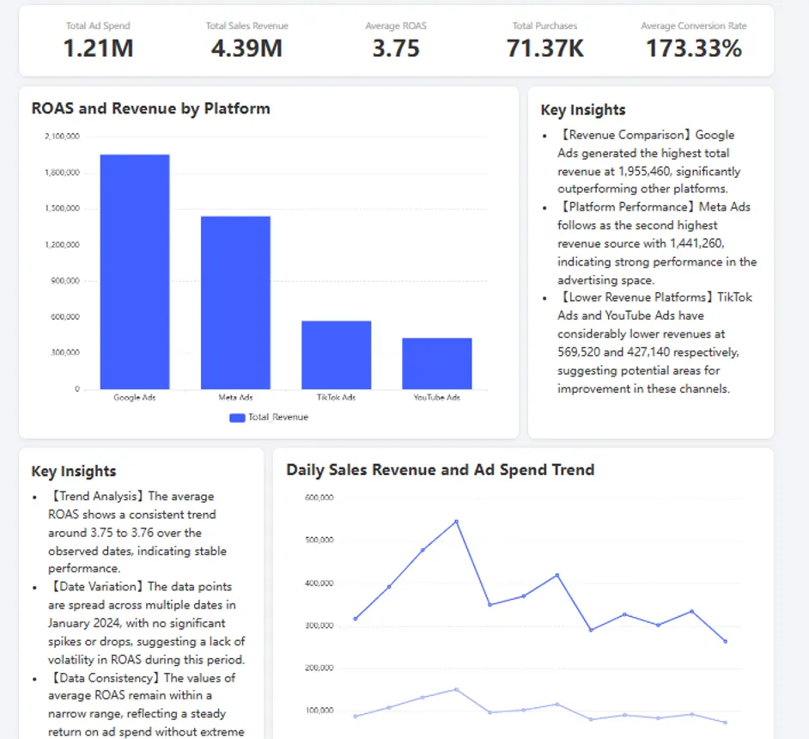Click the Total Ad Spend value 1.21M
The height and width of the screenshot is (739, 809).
coord(98,48)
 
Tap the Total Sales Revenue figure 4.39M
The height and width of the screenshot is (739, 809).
coord(246,48)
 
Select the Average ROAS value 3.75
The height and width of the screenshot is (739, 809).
coord(396,48)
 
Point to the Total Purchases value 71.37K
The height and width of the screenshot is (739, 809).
coord(545,48)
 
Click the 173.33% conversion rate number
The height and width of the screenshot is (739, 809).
coord(694,48)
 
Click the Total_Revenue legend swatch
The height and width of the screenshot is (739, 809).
coord(237,418)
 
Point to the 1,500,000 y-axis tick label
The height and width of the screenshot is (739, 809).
coord(61,209)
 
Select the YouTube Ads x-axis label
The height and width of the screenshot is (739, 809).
coord(437,398)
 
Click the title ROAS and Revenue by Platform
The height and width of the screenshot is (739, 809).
coord(150,108)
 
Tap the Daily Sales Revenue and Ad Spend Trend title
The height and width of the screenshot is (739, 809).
coord(440,469)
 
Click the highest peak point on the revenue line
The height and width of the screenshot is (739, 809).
coord(456,521)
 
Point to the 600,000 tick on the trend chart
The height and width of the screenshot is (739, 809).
coord(319,498)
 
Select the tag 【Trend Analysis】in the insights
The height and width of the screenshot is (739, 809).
coord(97,497)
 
